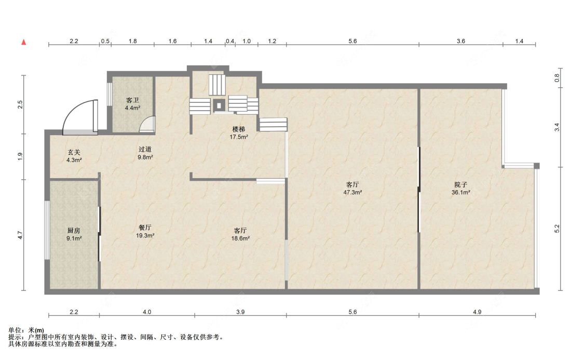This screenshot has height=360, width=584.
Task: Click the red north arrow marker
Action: (x=24, y=42)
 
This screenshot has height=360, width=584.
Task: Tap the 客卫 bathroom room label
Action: (x=132, y=100)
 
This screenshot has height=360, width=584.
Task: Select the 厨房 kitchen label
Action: (x=74, y=231)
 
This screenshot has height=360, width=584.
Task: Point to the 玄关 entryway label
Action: (x=74, y=152)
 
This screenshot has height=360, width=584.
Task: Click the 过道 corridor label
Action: (x=145, y=150)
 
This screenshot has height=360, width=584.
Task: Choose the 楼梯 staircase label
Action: (x=239, y=129)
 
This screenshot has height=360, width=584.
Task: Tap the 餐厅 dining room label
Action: (x=145, y=228)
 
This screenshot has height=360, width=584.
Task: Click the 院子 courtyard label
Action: (x=461, y=184)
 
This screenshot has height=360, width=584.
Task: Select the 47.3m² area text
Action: (x=352, y=193)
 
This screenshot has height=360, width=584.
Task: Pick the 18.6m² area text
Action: (x=240, y=238)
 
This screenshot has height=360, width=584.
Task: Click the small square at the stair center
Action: (x=219, y=105)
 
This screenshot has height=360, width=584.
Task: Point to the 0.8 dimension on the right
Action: (x=557, y=78)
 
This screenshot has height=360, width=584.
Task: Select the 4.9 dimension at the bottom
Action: (x=477, y=312)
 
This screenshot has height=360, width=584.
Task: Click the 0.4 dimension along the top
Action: (x=230, y=41)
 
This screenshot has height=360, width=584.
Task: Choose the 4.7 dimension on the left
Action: (x=20, y=235)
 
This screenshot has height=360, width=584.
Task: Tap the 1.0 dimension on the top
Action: (x=247, y=41)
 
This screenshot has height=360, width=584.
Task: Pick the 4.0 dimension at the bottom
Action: (x=147, y=312)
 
